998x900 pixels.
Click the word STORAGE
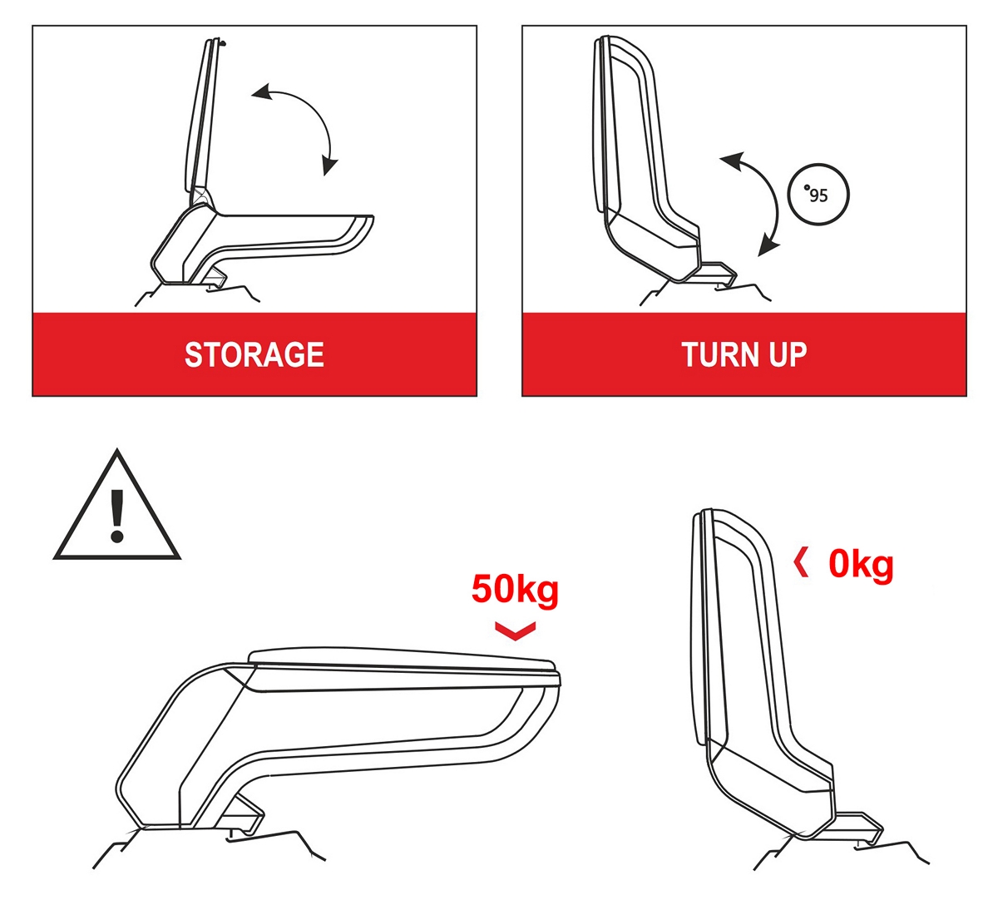254,355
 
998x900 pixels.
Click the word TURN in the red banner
719,355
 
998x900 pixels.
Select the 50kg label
515,590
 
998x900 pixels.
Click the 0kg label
861,565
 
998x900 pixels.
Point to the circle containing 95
818,195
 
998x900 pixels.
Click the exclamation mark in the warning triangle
117,515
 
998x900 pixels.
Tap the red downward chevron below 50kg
516,630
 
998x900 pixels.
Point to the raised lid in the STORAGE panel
203,120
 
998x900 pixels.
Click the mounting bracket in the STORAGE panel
211,277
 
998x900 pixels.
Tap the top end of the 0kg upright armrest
708,511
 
